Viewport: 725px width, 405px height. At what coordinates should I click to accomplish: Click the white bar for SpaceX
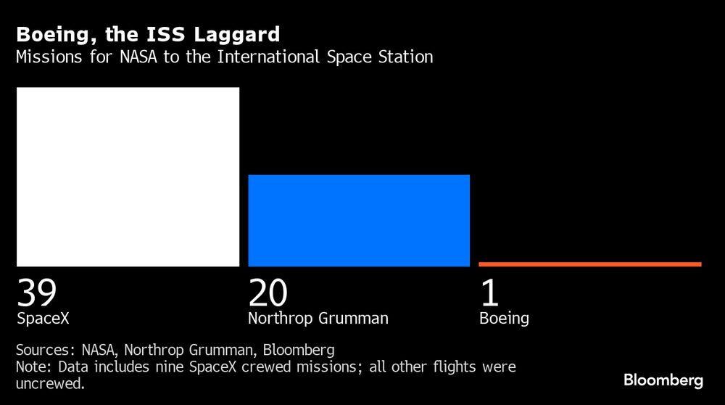coord(128,176)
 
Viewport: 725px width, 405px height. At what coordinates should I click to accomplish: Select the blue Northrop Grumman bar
coord(359,220)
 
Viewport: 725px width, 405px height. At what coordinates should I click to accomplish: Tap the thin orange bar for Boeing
coord(590,264)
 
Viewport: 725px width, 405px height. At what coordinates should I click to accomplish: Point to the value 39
coord(37,292)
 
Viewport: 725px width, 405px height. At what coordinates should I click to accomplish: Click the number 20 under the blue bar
coord(268,292)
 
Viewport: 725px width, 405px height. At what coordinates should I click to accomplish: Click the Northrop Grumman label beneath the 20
coord(318,318)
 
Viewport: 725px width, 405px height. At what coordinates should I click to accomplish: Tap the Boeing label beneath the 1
coord(504,318)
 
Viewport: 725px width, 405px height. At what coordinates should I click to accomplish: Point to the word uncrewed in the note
coord(49,384)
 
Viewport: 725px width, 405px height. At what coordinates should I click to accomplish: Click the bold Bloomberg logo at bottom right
coord(663,380)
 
